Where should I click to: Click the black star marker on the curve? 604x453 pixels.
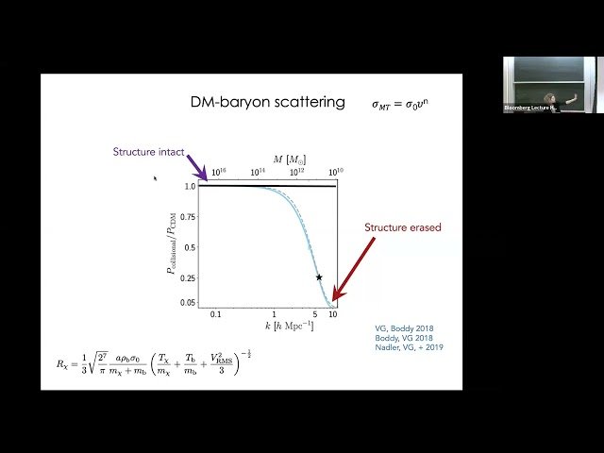click(x=319, y=277)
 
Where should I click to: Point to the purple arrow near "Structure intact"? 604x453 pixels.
click(x=196, y=167)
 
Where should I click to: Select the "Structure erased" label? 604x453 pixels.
click(x=402, y=227)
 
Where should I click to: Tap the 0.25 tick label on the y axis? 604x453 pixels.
click(x=189, y=278)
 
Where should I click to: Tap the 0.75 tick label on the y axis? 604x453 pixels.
click(x=189, y=216)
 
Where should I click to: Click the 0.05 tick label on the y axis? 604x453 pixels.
click(x=189, y=303)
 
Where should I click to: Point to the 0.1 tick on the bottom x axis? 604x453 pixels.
click(x=216, y=313)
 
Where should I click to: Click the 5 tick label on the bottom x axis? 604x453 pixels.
click(x=315, y=313)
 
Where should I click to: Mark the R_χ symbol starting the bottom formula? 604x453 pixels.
click(x=64, y=362)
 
